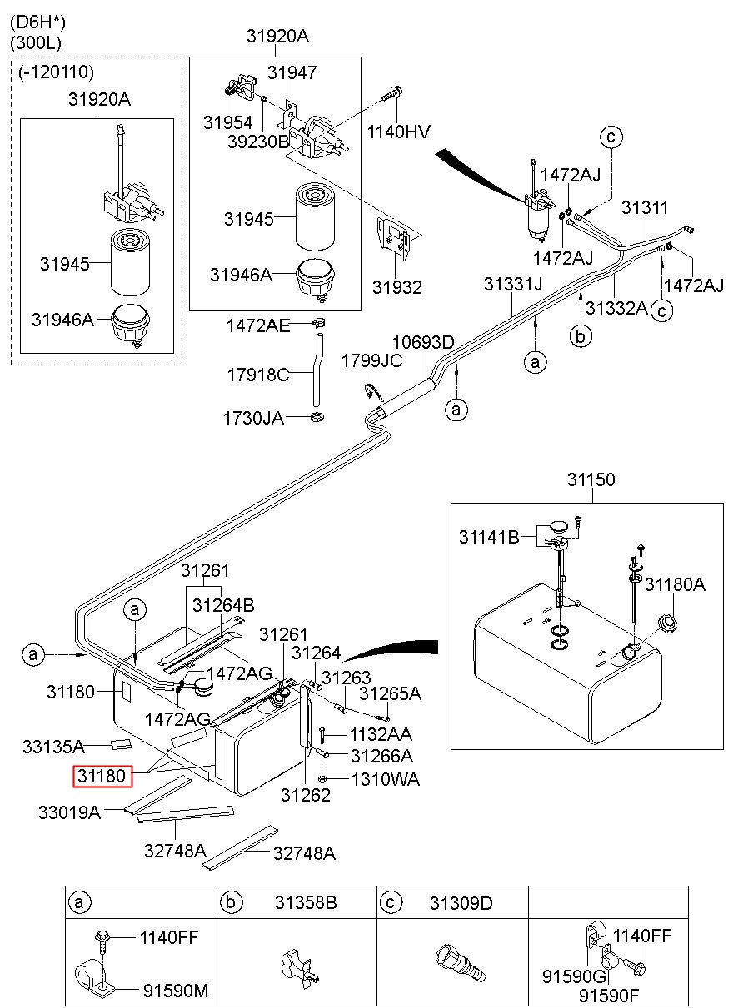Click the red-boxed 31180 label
(x=102, y=777)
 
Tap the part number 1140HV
(x=398, y=132)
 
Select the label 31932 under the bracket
(x=397, y=287)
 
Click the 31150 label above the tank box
(x=591, y=479)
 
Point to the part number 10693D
(x=423, y=342)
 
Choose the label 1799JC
(x=372, y=361)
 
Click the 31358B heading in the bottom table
(x=306, y=902)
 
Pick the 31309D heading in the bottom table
(x=461, y=902)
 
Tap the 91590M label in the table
(x=176, y=991)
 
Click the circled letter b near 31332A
(x=581, y=336)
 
